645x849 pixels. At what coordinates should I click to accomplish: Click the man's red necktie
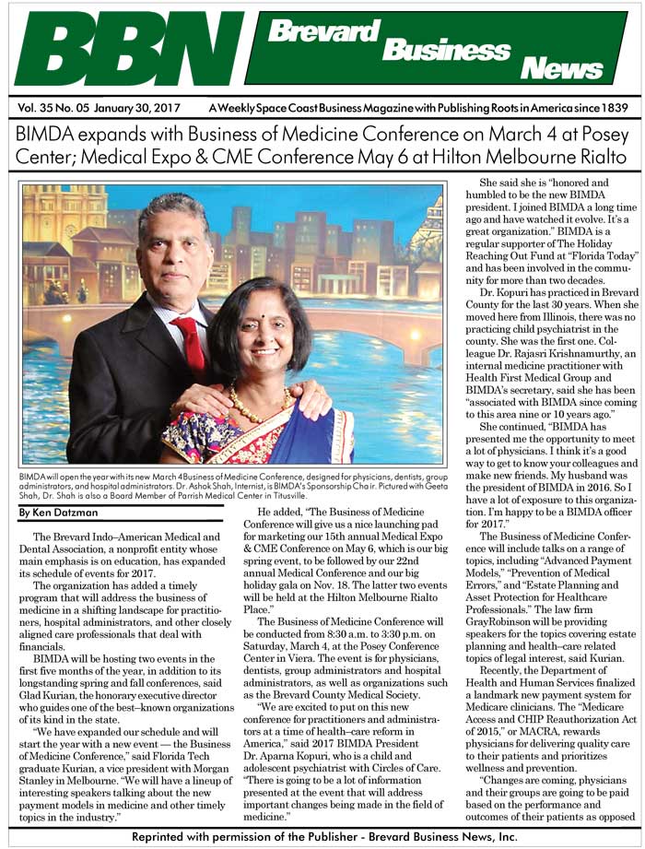point(193,340)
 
